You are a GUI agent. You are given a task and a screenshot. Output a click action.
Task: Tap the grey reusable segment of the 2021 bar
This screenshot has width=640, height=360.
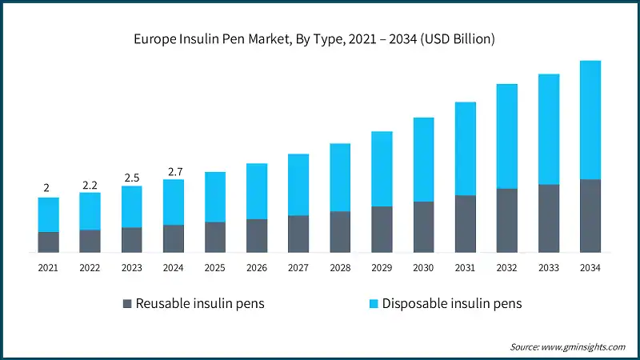[48, 242]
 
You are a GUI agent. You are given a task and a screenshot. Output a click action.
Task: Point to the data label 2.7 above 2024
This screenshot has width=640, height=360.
[174, 171]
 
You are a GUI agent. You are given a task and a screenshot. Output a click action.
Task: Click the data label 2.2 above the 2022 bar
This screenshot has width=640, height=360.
[90, 185]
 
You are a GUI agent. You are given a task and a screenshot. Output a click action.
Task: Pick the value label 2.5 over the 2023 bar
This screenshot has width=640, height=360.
[131, 178]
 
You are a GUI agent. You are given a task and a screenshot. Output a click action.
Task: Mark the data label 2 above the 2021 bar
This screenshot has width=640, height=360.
[47, 189]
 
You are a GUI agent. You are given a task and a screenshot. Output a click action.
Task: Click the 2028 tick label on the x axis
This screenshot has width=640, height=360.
[340, 268]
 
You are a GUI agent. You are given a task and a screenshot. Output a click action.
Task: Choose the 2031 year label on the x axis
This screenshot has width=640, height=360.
[465, 268]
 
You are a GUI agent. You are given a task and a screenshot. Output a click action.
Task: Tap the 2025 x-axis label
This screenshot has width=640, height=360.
[215, 268]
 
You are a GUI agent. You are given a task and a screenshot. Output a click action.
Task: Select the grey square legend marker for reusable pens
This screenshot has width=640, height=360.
[126, 304]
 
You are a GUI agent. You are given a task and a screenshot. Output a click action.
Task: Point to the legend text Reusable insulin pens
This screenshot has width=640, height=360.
[200, 304]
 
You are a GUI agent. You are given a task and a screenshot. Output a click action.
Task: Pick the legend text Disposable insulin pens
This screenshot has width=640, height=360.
[451, 304]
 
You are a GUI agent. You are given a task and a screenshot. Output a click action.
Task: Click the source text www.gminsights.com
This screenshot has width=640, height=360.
[567, 346]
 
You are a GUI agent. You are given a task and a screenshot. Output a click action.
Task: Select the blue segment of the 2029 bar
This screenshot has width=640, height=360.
[382, 169]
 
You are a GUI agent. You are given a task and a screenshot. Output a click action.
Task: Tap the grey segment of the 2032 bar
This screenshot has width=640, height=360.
[506, 220]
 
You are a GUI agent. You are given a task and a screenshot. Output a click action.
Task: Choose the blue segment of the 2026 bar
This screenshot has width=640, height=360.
[257, 191]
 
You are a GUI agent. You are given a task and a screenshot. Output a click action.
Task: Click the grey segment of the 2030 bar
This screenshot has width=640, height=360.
[423, 226]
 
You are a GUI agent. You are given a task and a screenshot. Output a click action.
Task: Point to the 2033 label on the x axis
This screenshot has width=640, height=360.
[548, 268]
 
